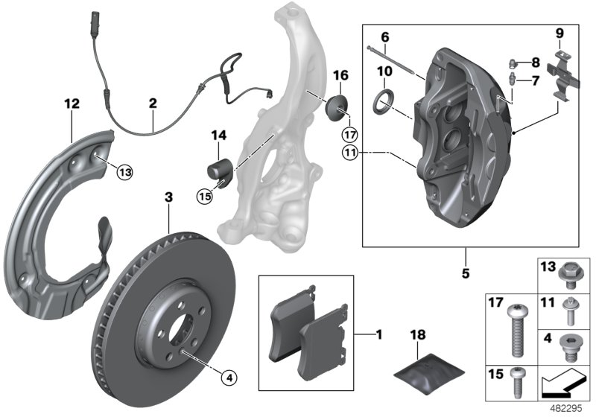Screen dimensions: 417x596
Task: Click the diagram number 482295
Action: tap(568, 408)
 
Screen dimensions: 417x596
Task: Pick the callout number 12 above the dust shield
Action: tap(72, 106)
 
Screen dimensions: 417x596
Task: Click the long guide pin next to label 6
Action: tap(395, 61)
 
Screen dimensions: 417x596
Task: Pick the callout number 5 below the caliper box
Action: tap(466, 273)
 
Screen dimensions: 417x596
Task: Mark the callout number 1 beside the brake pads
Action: tap(378, 335)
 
